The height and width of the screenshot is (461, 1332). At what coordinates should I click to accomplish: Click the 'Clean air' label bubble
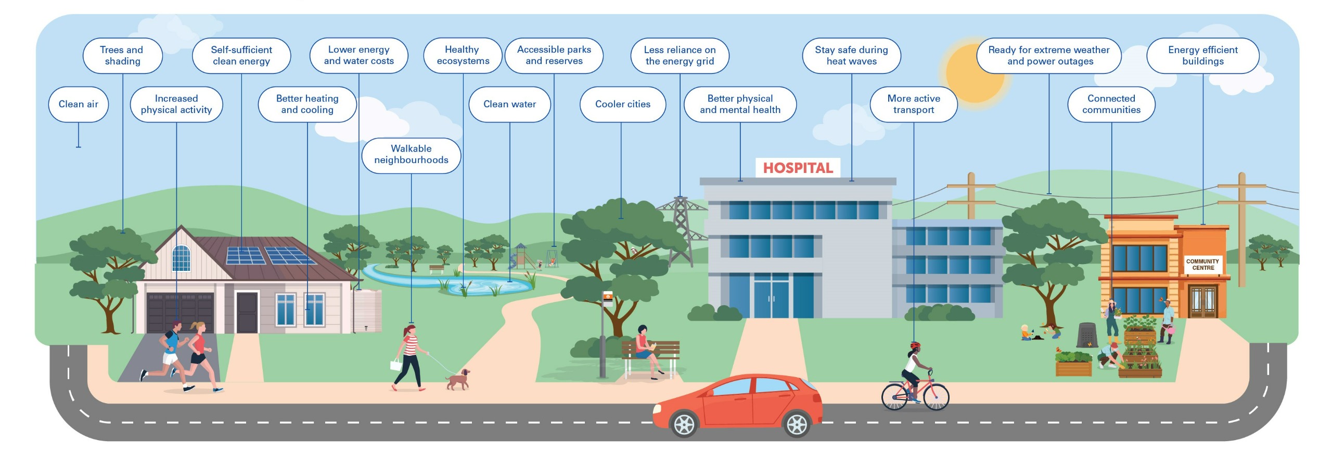pyautogui.click(x=78, y=104)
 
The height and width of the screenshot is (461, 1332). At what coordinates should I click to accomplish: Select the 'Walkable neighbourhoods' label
pyautogui.click(x=411, y=155)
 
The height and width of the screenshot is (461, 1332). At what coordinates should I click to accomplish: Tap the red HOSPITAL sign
pyautogui.click(x=798, y=168)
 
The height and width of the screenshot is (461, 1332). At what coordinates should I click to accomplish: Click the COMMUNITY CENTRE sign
pyautogui.click(x=1202, y=265)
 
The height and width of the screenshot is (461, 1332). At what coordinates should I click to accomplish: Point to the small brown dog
pyautogui.click(x=458, y=380)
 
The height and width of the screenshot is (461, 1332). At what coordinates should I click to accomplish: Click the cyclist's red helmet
pyautogui.click(x=915, y=346)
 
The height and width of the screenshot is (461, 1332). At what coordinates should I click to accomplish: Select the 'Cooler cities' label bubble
pyautogui.click(x=622, y=104)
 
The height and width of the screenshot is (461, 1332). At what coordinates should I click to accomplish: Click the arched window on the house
pyautogui.click(x=181, y=258)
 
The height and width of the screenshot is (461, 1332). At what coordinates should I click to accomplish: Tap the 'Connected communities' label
pyautogui.click(x=1111, y=104)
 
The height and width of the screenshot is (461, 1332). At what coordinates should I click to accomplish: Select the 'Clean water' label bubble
pyautogui.click(x=509, y=104)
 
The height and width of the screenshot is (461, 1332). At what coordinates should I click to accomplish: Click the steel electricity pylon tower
pyautogui.click(x=681, y=229)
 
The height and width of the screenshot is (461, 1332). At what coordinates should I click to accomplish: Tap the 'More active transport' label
pyautogui.click(x=913, y=104)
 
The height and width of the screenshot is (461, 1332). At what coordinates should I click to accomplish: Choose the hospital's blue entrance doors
pyautogui.click(x=771, y=298)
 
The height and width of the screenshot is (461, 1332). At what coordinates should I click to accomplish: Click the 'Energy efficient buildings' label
pyautogui.click(x=1202, y=56)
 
